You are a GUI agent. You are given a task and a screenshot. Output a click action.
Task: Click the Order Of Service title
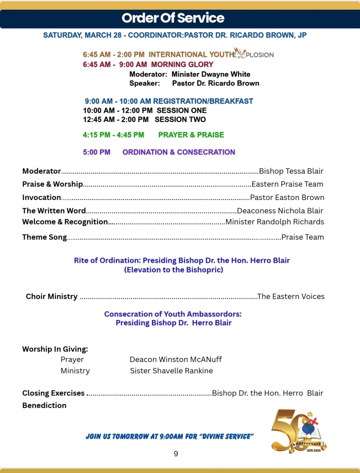point(173,18)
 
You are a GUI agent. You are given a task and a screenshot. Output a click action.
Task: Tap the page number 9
point(176,454)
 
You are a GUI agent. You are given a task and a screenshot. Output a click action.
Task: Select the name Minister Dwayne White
point(211,74)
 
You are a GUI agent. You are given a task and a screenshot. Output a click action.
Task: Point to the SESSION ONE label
point(182,110)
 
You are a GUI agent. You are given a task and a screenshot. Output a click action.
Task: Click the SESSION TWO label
point(180,120)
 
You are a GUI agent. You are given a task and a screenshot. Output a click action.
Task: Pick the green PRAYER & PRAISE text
point(191,135)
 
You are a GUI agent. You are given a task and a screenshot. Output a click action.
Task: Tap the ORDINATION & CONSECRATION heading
point(178,152)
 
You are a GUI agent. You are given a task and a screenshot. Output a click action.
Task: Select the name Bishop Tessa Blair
point(291,171)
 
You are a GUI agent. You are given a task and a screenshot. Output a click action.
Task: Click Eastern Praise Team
point(287,184)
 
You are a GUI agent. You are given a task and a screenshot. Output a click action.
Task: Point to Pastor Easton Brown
point(287,197)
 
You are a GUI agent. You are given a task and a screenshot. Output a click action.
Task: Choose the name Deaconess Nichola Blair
point(280,211)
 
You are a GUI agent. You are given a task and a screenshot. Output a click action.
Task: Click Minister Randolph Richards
point(275,222)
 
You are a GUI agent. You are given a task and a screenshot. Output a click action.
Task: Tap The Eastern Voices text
point(291,297)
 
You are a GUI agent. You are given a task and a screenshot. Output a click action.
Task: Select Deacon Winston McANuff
point(176,359)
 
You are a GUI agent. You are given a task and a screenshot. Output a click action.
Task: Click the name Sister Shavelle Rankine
point(171,370)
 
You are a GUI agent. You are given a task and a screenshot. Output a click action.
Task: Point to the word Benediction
point(44,405)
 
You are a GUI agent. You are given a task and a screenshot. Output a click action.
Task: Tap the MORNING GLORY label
point(182,64)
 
